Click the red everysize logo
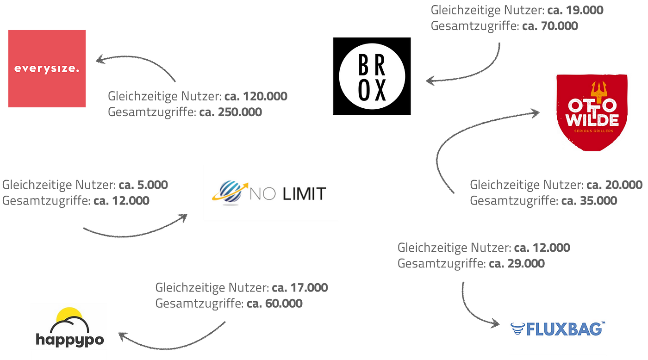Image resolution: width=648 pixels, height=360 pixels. (x=47, y=68)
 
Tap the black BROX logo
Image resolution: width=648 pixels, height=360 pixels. (x=372, y=76)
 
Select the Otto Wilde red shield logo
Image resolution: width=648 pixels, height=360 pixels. (x=592, y=112)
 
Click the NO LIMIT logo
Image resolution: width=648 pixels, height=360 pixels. (x=269, y=193)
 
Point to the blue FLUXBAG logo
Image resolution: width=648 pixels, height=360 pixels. (x=558, y=329)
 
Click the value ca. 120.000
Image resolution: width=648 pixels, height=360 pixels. (x=255, y=96)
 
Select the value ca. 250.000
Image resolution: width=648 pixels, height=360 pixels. (x=231, y=112)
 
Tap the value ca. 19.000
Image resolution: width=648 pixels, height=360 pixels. (x=575, y=10)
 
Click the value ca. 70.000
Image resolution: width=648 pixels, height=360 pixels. (x=550, y=26)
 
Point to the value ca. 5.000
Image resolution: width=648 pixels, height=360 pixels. (x=143, y=185)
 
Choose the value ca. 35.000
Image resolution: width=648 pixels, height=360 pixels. (x=589, y=201)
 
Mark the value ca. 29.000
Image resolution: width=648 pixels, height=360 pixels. (x=517, y=264)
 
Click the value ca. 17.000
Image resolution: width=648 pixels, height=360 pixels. (x=300, y=288)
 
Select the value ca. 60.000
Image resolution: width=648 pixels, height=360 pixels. (x=274, y=304)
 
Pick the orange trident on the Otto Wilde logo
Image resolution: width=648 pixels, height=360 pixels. (x=597, y=90)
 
